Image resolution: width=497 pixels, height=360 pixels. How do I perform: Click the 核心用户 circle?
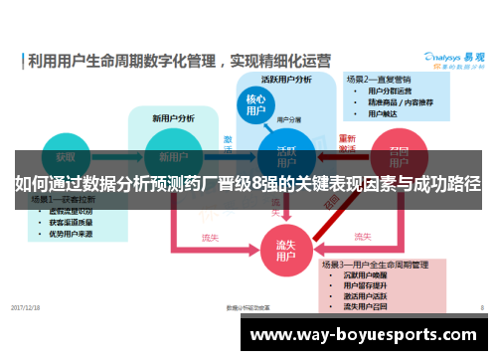pyautogui.click(x=255, y=106)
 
